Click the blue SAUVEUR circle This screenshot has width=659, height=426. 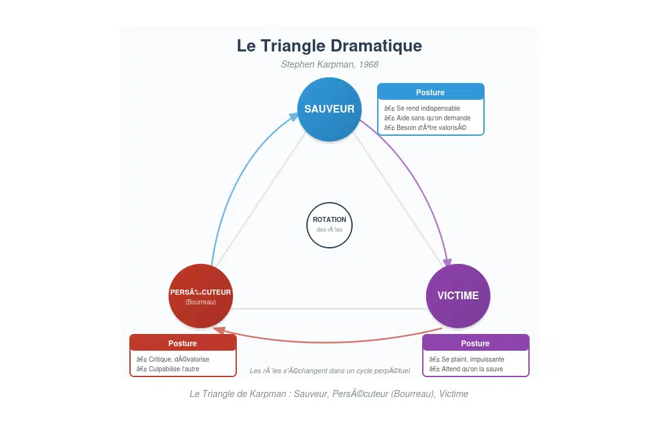point(329,109)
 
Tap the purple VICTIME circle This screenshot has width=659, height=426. point(458,296)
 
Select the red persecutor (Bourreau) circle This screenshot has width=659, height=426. point(200,296)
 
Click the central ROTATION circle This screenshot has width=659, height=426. point(329,224)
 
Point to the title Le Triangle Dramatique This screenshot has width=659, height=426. point(329,46)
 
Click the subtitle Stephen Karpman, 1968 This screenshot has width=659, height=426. point(329,64)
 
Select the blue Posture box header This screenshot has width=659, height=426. point(430,92)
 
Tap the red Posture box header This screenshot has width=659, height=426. point(183,343)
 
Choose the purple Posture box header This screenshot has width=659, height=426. point(476,343)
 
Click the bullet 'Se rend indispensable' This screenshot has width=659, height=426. point(422,108)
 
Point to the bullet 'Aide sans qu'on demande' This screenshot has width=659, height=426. point(427,118)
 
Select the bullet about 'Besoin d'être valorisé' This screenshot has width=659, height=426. point(425,127)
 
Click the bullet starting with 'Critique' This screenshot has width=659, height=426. point(172,359)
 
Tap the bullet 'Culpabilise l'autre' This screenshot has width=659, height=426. point(168,369)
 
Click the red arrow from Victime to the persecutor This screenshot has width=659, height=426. point(329,340)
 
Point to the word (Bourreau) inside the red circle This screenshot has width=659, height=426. point(200,302)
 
